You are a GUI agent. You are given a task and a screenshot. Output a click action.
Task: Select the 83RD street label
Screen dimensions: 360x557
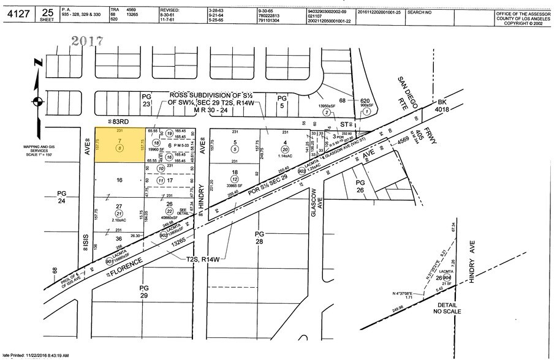(x=107, y=121)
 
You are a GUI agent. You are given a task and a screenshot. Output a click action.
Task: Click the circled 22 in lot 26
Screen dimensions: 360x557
(x=169, y=211)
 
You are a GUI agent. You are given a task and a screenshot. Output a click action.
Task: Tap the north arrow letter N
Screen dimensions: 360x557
(x=38, y=63)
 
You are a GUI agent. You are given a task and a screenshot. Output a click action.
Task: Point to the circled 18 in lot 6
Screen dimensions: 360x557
(x=156, y=142)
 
